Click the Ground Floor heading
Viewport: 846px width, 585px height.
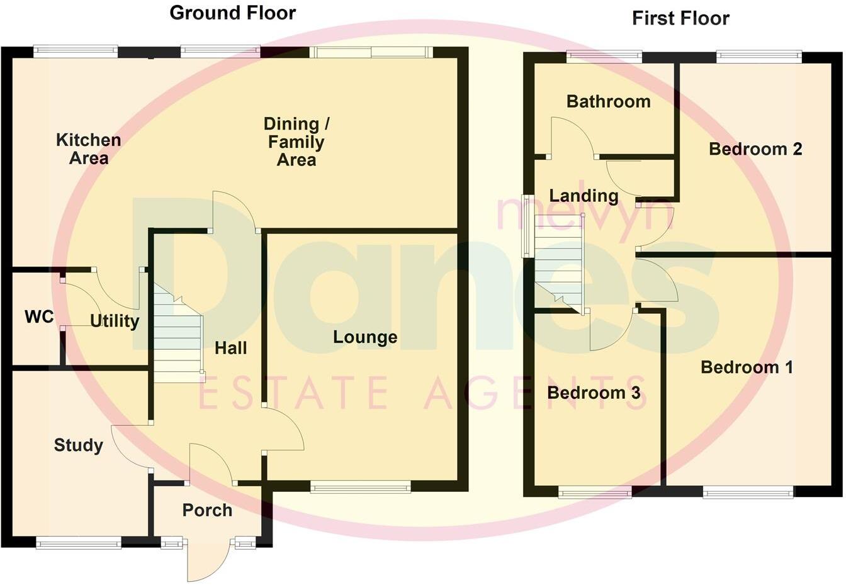(x=232, y=13)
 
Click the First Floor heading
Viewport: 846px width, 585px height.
(x=680, y=18)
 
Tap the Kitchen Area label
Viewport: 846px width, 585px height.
(x=88, y=149)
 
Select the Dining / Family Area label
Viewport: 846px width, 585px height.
(x=296, y=142)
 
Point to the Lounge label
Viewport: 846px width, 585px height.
(x=365, y=337)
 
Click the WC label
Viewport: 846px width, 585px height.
(x=39, y=317)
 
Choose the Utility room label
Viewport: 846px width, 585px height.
(x=115, y=321)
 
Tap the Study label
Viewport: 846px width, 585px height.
(x=79, y=445)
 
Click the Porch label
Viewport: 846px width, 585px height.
(x=207, y=510)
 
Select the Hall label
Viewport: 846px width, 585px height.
(x=231, y=348)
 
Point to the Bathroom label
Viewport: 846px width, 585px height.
(x=608, y=102)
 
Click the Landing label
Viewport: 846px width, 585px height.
(x=584, y=196)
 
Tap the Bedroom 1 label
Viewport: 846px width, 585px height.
(x=747, y=367)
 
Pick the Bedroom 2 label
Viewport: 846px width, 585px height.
(x=755, y=149)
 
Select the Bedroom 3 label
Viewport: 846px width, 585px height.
(x=594, y=393)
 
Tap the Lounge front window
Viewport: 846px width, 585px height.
(x=360, y=486)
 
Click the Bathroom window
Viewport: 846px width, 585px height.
(x=604, y=57)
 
